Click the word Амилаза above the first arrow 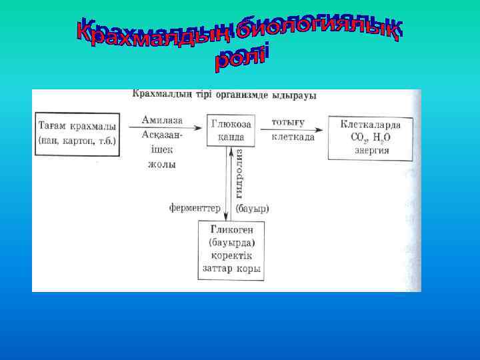tap(161, 119)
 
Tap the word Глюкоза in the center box tap(231, 124)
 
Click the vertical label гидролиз tap(239, 172)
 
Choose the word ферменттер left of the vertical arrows tap(194, 208)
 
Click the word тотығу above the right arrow tap(288, 122)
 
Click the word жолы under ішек tap(161, 164)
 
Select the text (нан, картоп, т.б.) tap(77, 140)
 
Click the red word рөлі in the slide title tap(241, 57)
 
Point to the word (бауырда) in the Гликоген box tap(231, 242)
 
